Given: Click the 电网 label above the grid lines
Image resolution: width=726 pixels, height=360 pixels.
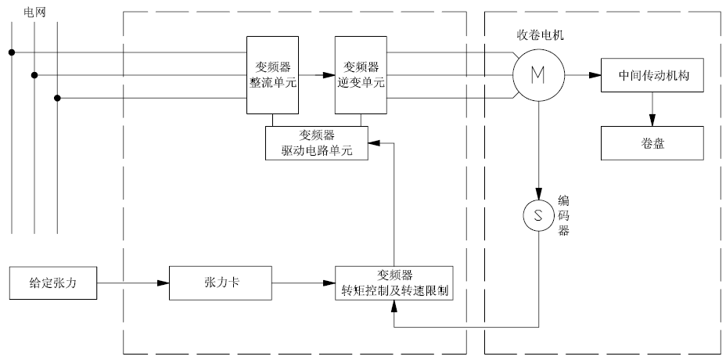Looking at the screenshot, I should (35, 12).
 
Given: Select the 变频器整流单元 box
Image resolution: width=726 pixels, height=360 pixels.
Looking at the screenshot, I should (273, 74).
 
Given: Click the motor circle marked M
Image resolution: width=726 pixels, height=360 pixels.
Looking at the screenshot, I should (538, 74).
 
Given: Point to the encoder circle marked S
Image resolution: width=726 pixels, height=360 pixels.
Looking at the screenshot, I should (538, 215).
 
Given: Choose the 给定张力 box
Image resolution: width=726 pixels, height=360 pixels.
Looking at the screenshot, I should (53, 283).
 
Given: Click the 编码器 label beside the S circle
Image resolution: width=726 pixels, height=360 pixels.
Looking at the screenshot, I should (563, 214).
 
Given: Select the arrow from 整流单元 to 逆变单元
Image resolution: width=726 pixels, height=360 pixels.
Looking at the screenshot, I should (317, 75).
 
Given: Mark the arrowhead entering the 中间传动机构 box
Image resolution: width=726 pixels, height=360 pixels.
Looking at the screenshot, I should (595, 75).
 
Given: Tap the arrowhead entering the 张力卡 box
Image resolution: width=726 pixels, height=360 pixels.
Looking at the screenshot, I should (164, 283).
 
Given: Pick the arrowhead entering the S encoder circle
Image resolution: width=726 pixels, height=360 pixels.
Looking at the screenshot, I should (538, 196).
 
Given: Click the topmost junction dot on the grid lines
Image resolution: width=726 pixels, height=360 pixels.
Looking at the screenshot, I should (12, 52).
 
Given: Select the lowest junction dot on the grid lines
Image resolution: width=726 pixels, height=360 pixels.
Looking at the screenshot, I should (58, 98).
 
